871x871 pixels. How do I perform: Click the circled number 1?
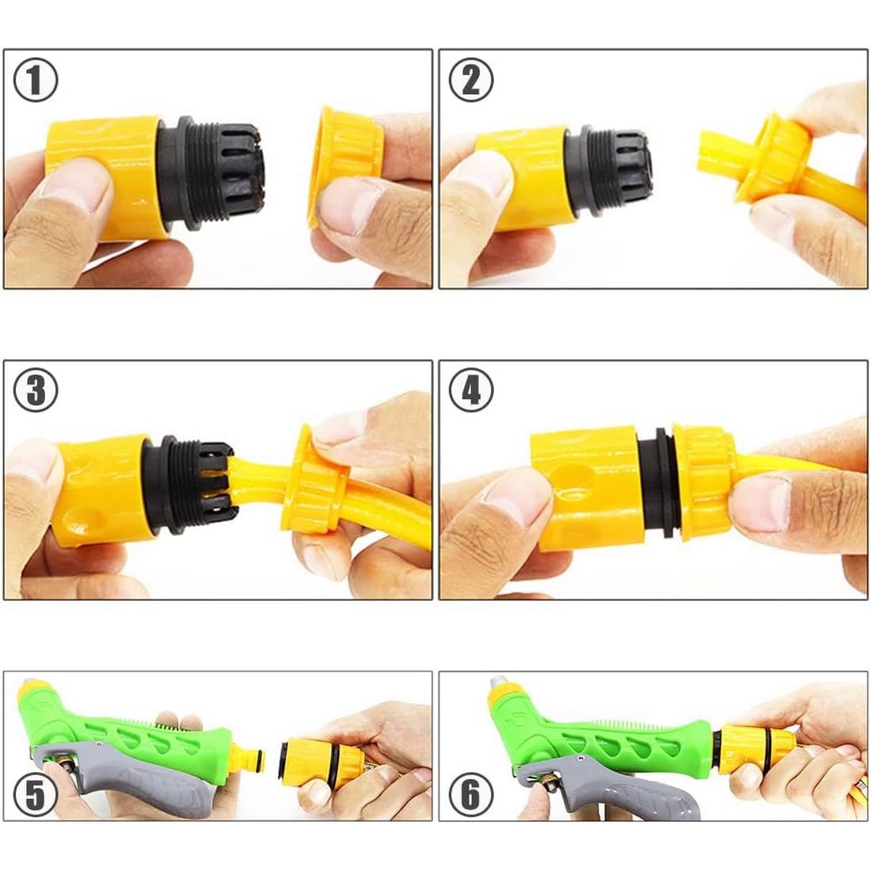pyautogui.click(x=35, y=81)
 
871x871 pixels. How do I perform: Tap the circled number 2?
pyautogui.click(x=470, y=81)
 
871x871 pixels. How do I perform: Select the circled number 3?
pyautogui.click(x=35, y=390)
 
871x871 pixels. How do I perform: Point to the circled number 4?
pyautogui.click(x=470, y=390)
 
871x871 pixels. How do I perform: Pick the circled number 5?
pyautogui.click(x=35, y=794)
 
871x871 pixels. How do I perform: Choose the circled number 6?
pyautogui.click(x=470, y=794)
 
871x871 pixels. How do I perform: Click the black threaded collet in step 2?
pyautogui.click(x=608, y=169)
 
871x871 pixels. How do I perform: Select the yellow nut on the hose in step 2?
pyautogui.click(x=775, y=158)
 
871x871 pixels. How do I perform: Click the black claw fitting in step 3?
pyautogui.click(x=189, y=483)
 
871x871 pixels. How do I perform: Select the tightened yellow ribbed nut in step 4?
pyautogui.click(x=706, y=482)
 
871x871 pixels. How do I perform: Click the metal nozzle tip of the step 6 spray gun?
pyautogui.click(x=500, y=683)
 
